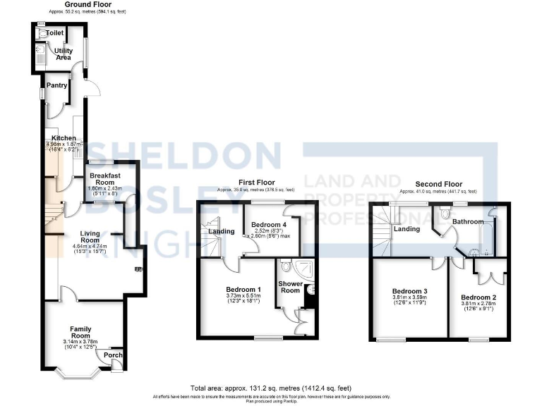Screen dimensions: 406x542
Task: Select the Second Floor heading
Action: pos(438,185)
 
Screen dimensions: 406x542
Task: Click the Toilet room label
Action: pos(55,33)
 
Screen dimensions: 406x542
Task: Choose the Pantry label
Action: pos(57,85)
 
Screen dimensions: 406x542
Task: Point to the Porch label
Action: pos(113,355)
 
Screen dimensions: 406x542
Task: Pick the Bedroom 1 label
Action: pos(243,290)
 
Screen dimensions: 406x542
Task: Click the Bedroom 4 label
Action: pos(265,225)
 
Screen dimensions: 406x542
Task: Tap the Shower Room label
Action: pos(290,288)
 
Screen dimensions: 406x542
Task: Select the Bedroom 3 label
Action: pos(410,291)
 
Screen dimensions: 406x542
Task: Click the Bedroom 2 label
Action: pos(478,297)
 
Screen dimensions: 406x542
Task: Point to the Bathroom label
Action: pos(467,221)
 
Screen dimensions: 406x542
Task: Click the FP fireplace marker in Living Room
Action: pos(138,269)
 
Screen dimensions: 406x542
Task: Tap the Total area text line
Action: pos(270,388)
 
